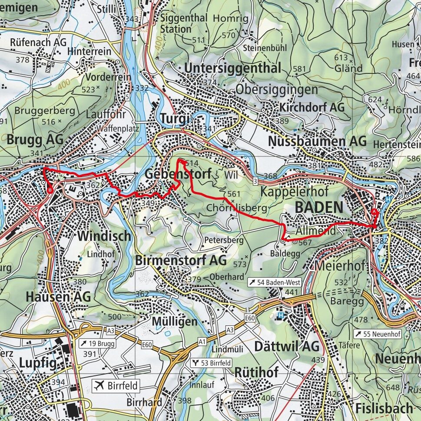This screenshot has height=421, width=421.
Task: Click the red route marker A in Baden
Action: tap(375, 212)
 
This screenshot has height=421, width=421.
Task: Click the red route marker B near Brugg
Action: tap(50, 190)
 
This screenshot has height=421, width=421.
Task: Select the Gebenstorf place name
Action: tap(178, 174)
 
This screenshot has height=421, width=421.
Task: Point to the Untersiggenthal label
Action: tap(232, 68)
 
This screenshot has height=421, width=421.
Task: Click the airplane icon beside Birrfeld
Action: tap(100, 385)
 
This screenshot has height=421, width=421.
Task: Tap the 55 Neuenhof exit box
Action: tap(377, 334)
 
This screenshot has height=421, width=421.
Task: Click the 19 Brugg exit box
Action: tap(97, 344)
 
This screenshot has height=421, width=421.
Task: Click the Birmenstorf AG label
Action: tap(181, 260)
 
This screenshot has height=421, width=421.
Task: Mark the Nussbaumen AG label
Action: tap(317, 141)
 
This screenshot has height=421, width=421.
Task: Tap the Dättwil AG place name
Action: tap(286, 346)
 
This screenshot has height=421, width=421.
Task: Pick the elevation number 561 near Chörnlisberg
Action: tap(233, 194)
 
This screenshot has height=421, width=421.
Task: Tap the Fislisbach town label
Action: tap(384, 408)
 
